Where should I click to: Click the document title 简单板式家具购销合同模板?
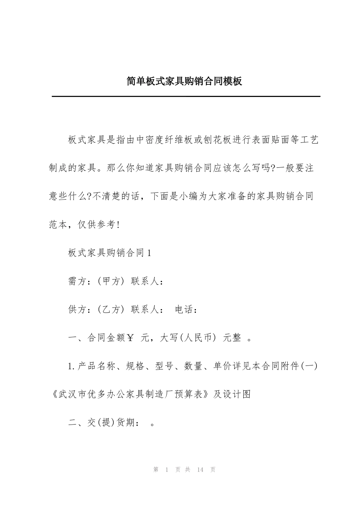point(184,81)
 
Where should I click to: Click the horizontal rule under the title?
point(186,97)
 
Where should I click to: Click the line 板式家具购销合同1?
point(110,253)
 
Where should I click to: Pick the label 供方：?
point(78,309)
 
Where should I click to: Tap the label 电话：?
point(186,309)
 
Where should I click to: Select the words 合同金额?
point(107,338)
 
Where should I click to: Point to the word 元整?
point(232,338)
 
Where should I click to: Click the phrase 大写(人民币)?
point(188,338)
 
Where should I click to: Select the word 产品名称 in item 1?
point(97,366)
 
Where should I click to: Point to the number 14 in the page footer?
point(200,470)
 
